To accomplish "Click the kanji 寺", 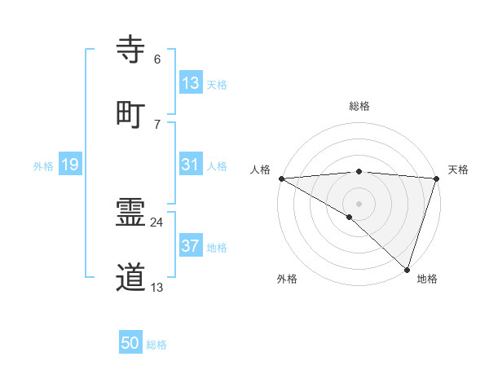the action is (x=132, y=50).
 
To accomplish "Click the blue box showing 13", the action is (x=191, y=83).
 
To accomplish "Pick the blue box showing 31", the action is (x=191, y=165).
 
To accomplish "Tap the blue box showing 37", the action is (x=191, y=246).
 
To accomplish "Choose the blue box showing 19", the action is (x=69, y=165).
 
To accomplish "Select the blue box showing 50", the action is (x=130, y=343).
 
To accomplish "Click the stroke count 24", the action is (x=157, y=222).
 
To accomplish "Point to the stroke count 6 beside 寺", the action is (x=157, y=59).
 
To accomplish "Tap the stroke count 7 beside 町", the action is (x=157, y=123).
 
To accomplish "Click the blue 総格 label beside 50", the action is (x=156, y=345).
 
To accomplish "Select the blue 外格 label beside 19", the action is (x=43, y=166).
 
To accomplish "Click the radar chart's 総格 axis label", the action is (x=359, y=106).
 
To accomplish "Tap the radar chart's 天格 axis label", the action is (x=459, y=169).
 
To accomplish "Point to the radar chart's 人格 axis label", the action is (x=260, y=169).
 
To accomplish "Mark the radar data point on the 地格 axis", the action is (x=407, y=270).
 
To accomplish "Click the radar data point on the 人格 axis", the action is (x=281, y=178).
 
